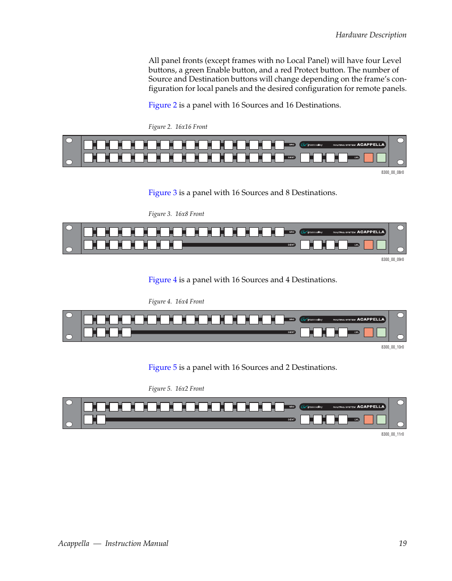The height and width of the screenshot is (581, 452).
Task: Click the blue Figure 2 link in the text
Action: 163,105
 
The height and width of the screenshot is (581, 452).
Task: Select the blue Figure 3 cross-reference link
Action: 163,193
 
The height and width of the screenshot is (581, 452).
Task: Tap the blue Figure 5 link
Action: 163,367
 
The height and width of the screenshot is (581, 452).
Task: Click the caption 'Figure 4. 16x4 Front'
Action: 176,302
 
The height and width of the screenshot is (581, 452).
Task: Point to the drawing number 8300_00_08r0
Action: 392,172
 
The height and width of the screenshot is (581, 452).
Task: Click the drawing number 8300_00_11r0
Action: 392,434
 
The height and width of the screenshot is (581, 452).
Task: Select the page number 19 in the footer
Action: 402,544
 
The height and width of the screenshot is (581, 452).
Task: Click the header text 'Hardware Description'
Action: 371,35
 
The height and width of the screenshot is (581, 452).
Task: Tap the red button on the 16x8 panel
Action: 369,245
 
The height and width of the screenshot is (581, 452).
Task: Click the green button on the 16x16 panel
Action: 381,158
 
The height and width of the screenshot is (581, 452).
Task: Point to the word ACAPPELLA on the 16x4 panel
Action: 371,320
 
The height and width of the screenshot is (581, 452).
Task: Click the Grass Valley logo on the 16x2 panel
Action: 312,407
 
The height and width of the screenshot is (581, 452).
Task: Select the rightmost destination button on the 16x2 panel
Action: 101,420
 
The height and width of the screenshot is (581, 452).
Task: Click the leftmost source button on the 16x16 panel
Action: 88,145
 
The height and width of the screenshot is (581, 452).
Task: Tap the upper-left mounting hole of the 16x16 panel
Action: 69,141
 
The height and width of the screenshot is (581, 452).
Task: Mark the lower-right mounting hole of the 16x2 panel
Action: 401,424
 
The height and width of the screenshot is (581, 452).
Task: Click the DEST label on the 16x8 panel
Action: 291,245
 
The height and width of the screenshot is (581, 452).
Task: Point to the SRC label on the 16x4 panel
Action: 292,320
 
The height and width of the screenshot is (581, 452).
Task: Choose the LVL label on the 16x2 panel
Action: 356,420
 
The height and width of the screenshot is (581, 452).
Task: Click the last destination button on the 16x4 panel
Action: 127,332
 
